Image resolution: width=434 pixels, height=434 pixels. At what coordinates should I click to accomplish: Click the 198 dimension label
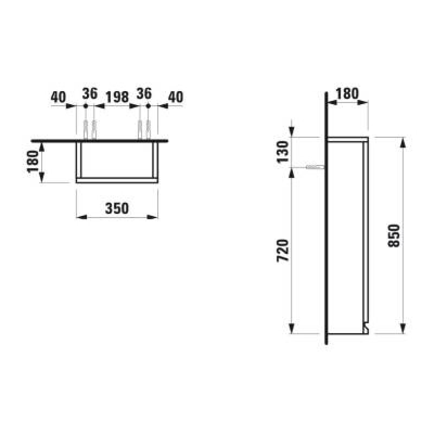click(117, 97)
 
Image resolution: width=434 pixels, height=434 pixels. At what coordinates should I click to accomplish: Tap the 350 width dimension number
click(117, 208)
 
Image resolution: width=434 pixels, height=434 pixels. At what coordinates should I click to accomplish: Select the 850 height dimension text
click(394, 235)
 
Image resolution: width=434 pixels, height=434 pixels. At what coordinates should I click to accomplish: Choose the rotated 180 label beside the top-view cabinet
click(34, 162)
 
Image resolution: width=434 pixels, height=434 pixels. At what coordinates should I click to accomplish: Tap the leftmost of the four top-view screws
click(86, 130)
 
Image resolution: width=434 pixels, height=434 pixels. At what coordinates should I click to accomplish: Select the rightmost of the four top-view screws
click(148, 130)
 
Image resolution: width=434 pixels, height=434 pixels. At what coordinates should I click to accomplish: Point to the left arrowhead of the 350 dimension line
click(80, 217)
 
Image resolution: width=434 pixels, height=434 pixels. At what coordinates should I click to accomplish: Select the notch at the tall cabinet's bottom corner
click(367, 327)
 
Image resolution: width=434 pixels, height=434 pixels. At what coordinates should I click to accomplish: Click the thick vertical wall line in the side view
click(326, 228)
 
